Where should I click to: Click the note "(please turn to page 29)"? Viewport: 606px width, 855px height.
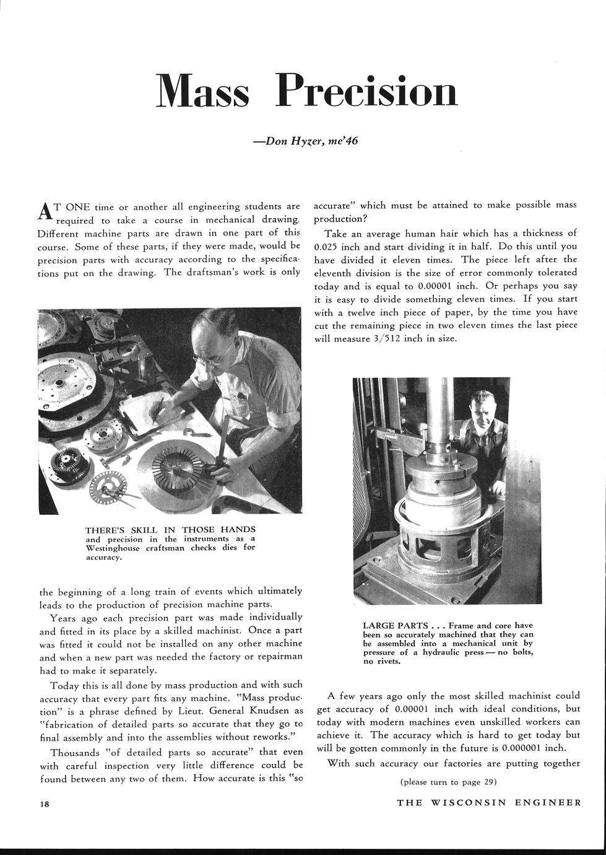[x=449, y=782]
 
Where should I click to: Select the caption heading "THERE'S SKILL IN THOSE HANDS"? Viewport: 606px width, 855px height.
[x=170, y=530]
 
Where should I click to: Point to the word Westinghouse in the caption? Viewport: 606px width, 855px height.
[x=115, y=548]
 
